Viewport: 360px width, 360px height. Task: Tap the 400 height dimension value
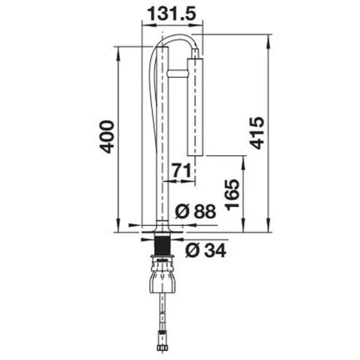coord(107,136)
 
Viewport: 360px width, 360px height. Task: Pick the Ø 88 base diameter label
coord(196,212)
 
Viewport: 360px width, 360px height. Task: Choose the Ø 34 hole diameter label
coord(206,251)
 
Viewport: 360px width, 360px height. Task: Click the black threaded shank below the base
coord(162,244)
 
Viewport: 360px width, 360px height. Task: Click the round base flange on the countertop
coord(162,230)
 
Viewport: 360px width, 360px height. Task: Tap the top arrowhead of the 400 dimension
coord(118,50)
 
